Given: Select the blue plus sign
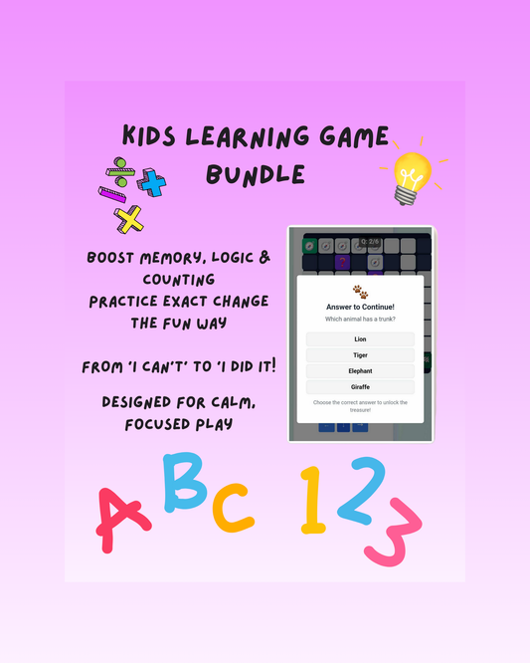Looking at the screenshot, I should tap(152, 181).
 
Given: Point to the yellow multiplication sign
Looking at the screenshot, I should tap(128, 218).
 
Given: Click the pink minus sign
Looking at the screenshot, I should tap(111, 194).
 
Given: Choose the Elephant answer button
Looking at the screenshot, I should tap(360, 370).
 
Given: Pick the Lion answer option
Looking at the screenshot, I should tap(360, 339).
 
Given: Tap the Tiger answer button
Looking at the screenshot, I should tap(360, 354).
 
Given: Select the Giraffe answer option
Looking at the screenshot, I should tap(360, 386).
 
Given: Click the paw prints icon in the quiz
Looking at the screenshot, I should tap(360, 294).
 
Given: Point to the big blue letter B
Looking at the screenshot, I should tap(185, 482).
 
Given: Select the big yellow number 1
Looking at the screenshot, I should tap(314, 497).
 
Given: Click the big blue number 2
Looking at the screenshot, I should tap(362, 489).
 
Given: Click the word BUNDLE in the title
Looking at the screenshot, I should tap(256, 175).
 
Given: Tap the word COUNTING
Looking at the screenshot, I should tap(164, 280).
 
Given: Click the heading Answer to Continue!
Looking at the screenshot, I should tap(360, 307).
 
